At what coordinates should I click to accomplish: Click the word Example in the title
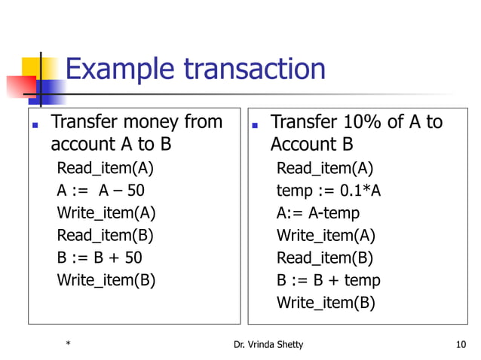tap(120, 69)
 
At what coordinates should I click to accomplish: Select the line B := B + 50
tap(100, 258)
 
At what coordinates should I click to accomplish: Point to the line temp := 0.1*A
tap(329, 191)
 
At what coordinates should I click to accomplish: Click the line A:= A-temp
tap(318, 213)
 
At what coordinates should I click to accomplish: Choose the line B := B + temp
tap(329, 281)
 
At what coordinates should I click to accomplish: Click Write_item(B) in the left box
tap(106, 281)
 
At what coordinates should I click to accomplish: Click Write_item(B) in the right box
tap(326, 304)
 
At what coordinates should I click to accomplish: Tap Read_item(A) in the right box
tap(325, 168)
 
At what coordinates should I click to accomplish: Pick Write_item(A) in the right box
tap(326, 236)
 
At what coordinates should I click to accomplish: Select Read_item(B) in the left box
tap(106, 236)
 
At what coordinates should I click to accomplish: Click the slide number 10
tap(461, 345)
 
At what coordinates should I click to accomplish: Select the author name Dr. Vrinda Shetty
tap(269, 345)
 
